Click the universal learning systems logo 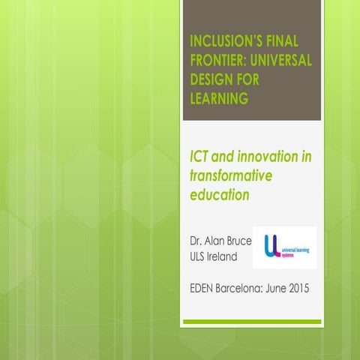284,247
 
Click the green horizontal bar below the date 252,321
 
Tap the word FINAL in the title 288,39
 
